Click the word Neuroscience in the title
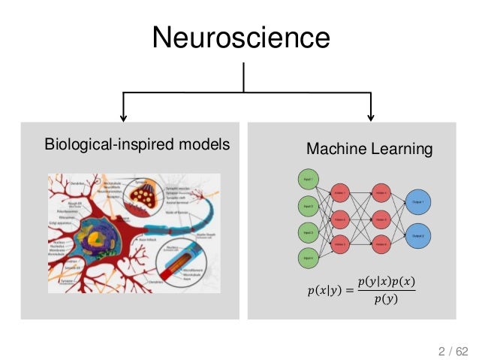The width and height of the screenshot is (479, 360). click(x=241, y=36)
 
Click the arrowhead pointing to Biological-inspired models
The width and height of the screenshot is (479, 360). click(x=123, y=116)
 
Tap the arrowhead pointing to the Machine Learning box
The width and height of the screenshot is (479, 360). click(x=370, y=116)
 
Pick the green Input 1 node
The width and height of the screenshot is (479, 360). click(x=307, y=178)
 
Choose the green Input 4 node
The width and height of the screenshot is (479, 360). click(x=307, y=257)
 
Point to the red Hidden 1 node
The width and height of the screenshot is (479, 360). click(x=339, y=192)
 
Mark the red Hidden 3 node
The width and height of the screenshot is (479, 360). click(x=339, y=244)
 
